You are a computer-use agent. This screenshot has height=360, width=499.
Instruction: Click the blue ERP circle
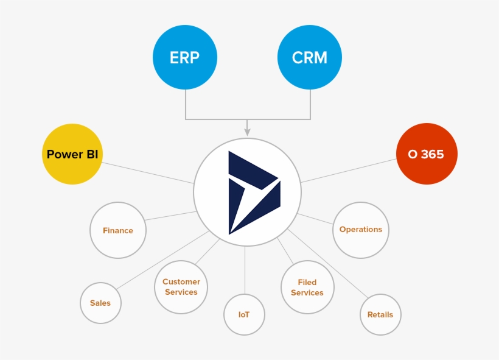pos(184,57)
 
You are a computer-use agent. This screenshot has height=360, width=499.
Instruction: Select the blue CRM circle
pos(310,57)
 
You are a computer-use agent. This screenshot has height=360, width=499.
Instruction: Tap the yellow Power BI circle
pos(72,154)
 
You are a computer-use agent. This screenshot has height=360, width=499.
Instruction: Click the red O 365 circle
pos(426,154)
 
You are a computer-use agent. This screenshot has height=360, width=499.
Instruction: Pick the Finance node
pos(118,230)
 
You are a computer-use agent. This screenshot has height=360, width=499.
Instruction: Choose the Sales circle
pos(100,303)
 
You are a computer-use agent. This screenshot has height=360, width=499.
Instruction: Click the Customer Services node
pos(181,287)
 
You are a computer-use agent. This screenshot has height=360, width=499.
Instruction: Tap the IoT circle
pos(244,314)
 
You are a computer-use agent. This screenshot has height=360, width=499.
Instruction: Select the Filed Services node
pos(307,288)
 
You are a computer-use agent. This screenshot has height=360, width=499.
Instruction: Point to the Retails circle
pos(380,314)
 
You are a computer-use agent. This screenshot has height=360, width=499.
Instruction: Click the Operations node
pos(361,230)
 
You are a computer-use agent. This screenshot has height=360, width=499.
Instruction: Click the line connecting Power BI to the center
pos(148,172)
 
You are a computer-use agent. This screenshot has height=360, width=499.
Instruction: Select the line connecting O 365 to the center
pos(348,171)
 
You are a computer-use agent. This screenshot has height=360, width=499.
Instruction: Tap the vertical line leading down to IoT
pos(245,271)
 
